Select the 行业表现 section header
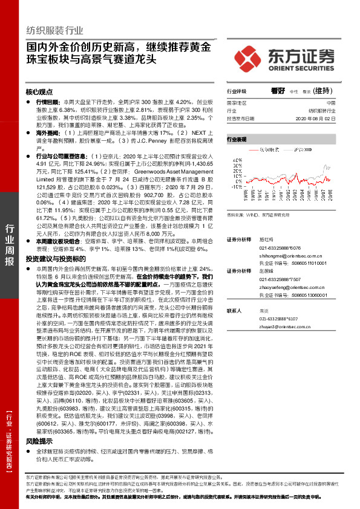click(237, 139)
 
